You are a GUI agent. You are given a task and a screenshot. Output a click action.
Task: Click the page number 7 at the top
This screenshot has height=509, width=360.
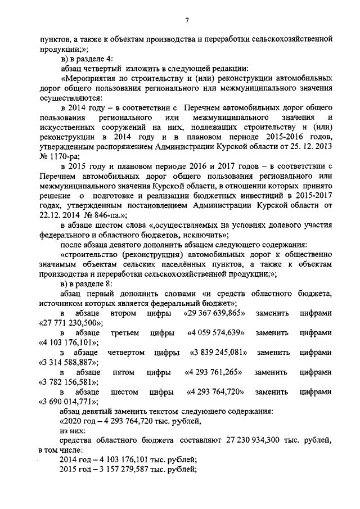pos(187,21)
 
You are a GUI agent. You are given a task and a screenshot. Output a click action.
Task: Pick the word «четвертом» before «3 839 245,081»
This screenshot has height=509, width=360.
pos(125,353)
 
